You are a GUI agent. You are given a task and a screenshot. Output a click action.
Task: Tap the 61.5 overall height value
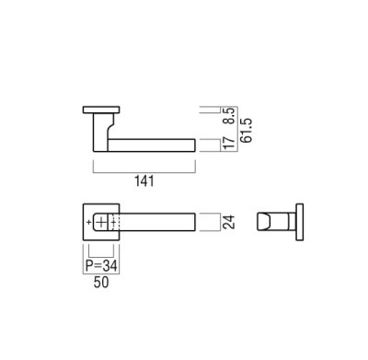point(239,130)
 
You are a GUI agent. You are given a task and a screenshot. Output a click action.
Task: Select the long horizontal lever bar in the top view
point(152,143)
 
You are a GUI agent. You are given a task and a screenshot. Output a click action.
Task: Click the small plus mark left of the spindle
point(87,222)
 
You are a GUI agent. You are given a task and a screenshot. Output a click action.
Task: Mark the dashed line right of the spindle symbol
point(114,222)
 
